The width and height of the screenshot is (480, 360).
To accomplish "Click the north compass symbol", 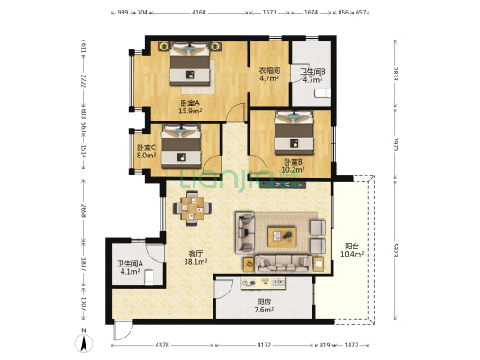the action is [84, 340].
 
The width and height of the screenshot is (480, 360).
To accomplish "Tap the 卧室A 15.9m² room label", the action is [190, 107].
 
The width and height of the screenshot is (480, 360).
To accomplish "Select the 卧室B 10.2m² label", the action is [293, 166].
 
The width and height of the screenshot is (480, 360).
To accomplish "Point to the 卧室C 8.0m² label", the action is [146, 151].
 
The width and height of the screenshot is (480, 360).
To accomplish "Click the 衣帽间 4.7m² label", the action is [269, 75].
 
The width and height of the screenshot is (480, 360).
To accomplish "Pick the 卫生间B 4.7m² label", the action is [312, 76].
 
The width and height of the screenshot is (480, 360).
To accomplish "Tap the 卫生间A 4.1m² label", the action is [131, 267].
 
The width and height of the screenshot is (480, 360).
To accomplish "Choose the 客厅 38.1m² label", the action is [195, 257].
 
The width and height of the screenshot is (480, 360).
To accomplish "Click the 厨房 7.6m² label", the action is [264, 306].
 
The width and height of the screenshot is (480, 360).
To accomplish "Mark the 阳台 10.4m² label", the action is [352, 250].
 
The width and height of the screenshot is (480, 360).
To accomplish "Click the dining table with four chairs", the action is [192, 208].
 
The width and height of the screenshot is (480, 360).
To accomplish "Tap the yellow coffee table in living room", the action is [282, 237].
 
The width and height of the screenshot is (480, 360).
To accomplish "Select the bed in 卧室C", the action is [181, 147].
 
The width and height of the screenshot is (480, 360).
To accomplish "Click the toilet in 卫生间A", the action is [149, 277].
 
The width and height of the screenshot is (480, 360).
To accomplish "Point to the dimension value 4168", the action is [199, 13].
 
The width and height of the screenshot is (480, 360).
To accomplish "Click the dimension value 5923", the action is [396, 250].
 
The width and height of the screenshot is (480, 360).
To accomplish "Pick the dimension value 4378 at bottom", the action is [162, 345].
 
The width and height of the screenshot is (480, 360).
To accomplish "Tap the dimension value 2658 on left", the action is [83, 210].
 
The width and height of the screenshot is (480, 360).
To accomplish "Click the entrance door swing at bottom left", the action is [123, 330].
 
